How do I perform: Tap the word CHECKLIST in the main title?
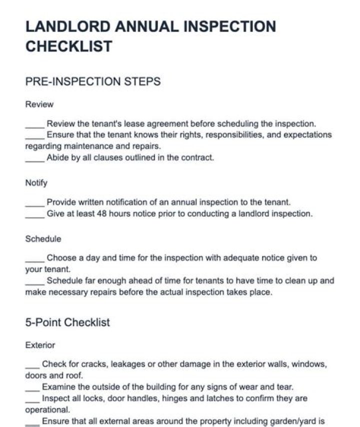68,46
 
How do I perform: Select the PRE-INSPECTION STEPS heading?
92,81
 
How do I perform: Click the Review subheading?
39,104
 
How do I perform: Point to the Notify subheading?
36,182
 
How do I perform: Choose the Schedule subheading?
43,239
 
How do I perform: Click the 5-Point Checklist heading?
67,322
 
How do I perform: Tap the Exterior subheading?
40,345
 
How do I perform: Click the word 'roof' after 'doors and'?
74,375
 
